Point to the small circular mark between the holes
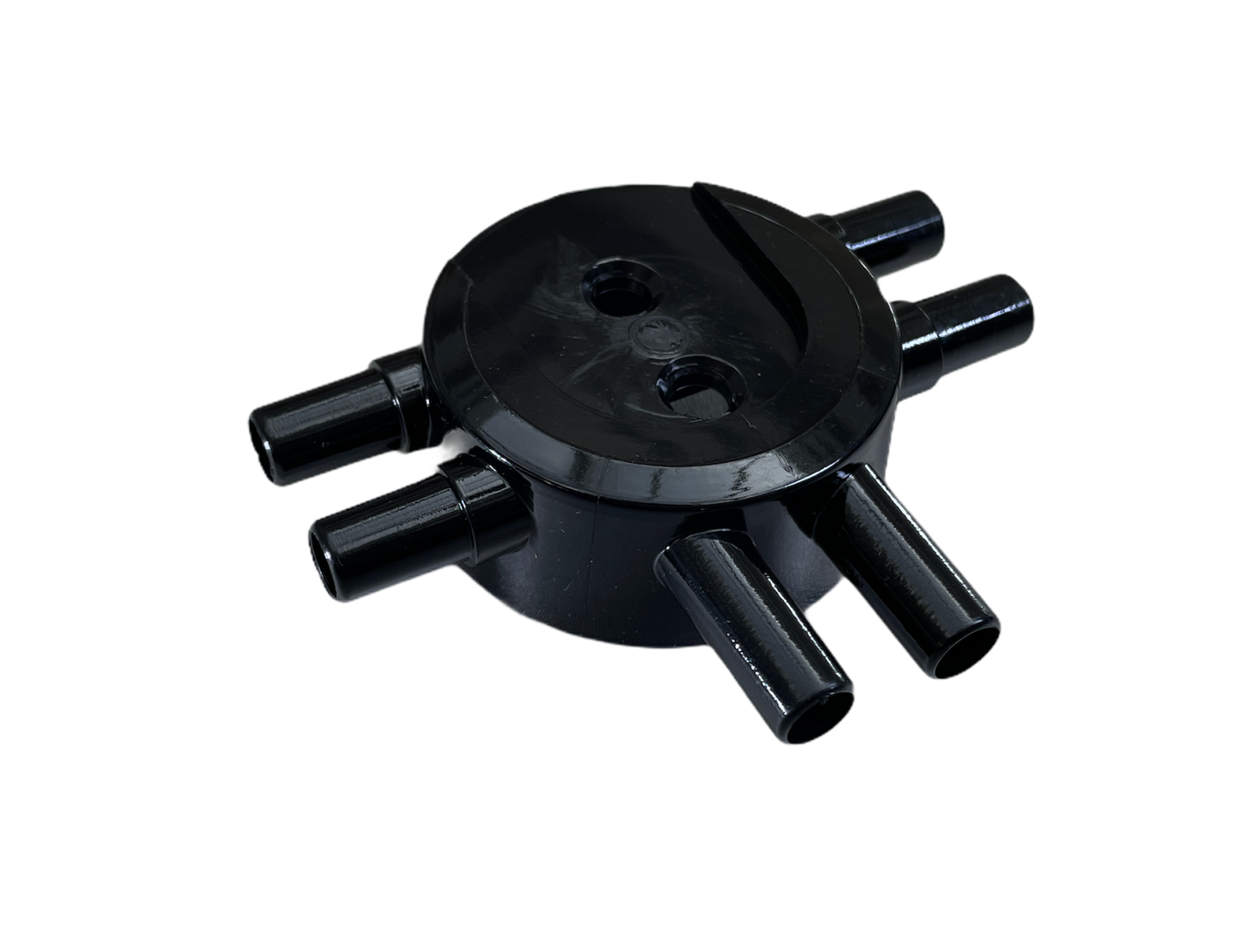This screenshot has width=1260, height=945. [x=650, y=337]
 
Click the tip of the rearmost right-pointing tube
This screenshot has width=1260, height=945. [x=937, y=217]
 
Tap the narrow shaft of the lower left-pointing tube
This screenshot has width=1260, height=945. [x=392, y=532]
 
